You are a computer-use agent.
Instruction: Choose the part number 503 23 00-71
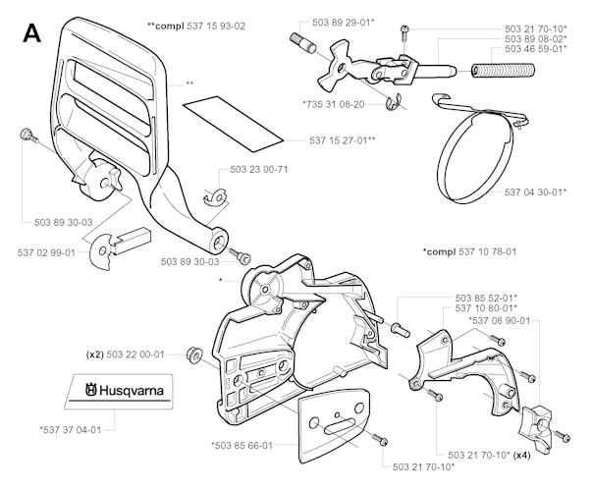click(x=260, y=170)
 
